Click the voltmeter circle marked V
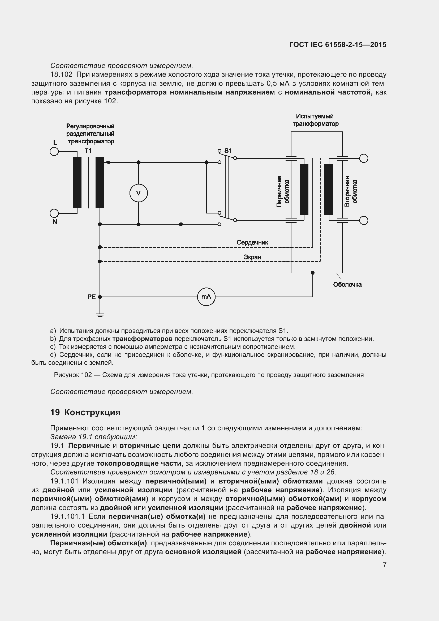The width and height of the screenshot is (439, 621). click(138, 193)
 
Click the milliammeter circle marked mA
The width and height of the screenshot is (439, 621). click(206, 297)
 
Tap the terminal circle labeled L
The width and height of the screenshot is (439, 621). click(54, 151)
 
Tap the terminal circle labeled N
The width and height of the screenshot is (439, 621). click(54, 213)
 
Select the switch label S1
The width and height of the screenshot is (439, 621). click(228, 151)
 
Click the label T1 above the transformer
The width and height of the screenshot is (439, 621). click(88, 151)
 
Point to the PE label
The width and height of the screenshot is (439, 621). click(91, 297)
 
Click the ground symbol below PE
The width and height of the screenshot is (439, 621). click(100, 314)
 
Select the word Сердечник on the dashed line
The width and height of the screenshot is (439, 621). click(252, 242)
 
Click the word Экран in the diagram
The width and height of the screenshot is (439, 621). click(252, 257)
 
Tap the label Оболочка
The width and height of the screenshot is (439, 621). click(347, 285)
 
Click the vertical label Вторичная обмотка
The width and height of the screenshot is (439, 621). click(351, 191)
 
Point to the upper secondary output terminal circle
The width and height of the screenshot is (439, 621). click(364, 158)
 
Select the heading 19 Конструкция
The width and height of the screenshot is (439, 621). click(85, 413)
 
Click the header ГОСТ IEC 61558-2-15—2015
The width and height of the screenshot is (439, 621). click(338, 45)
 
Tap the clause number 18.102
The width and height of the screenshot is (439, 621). click(61, 74)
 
